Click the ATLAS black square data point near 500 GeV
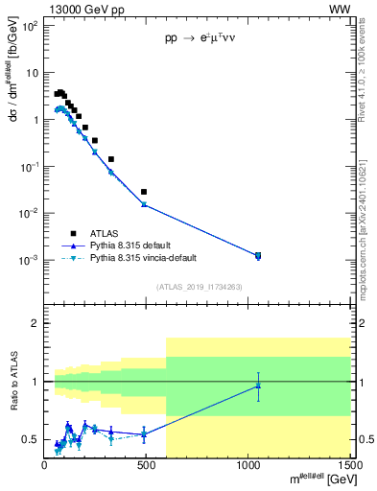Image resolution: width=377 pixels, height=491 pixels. [x=144, y=192]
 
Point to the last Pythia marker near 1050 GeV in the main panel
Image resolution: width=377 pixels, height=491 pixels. [x=258, y=255]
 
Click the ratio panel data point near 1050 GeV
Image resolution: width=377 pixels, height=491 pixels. [x=258, y=386]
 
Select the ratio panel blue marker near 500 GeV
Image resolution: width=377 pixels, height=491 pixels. [x=144, y=433]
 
